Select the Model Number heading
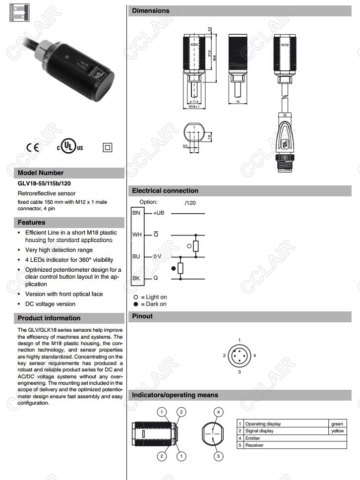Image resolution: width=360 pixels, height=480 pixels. coord(41,173)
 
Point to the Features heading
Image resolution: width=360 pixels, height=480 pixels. coord(31,223)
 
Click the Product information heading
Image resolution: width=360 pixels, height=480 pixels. coord(49,318)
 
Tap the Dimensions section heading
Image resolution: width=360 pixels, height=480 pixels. coord(150,10)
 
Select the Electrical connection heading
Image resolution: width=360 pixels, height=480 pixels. coord(165,191)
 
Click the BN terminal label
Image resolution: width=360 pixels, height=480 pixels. coord(136,212)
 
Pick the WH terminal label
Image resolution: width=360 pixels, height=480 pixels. coord(137,235)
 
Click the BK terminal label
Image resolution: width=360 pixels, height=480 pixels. coord(136,278)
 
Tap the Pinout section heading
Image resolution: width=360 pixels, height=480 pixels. coord(142,316)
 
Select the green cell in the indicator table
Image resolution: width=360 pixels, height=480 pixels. coord(337,424)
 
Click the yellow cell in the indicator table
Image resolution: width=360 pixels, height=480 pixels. coord(337,431)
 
